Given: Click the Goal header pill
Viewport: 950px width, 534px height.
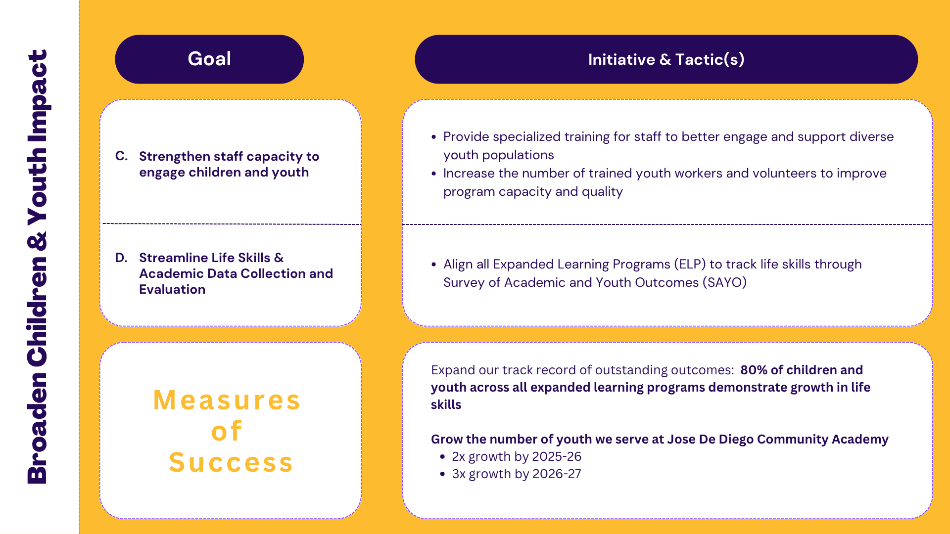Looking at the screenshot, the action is tap(209, 59).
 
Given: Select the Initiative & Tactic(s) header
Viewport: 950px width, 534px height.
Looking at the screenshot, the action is tap(666, 59).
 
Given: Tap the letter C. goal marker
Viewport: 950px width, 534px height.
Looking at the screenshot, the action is tap(122, 156).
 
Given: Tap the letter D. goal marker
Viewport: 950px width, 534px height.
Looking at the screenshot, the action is tap(122, 258).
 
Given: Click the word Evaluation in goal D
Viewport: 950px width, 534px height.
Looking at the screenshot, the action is tap(172, 289).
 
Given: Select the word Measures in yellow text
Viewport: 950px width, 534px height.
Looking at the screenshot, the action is tap(227, 400).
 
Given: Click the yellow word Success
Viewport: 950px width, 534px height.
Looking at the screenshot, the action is tap(231, 462).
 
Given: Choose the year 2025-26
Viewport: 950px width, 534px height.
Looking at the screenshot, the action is tap(557, 456).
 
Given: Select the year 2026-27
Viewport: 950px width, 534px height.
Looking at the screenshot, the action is tap(557, 474).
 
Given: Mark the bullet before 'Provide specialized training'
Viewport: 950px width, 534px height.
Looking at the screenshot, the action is tap(434, 137).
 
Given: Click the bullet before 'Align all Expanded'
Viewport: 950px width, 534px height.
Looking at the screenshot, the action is tap(434, 265).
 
